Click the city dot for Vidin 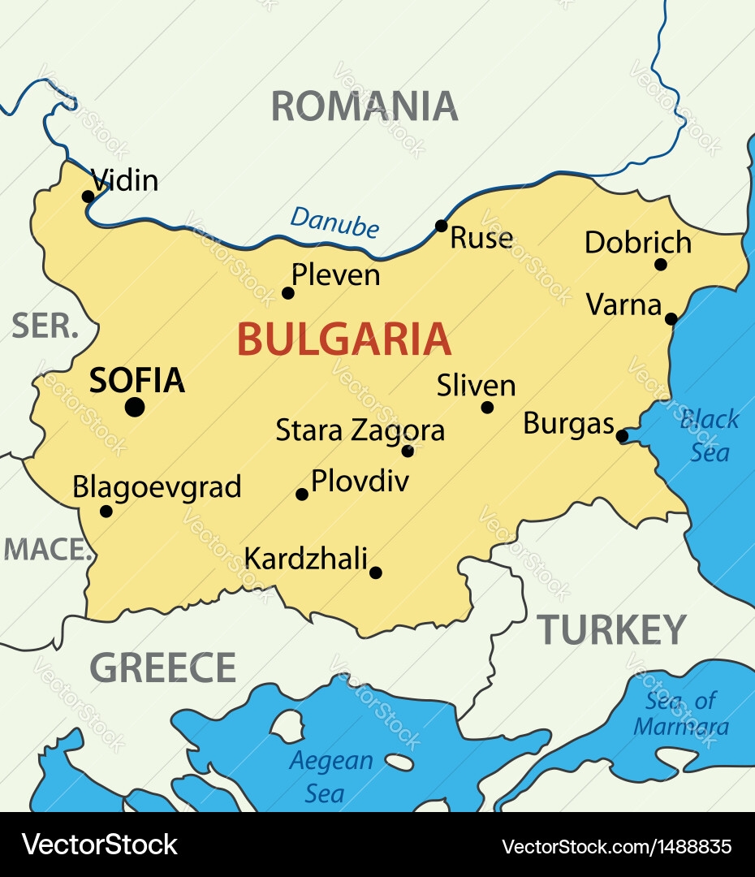tap(88, 197)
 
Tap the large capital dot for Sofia tap(135, 407)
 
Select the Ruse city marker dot tap(441, 226)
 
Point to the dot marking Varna tap(671, 318)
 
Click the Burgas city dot tap(622, 436)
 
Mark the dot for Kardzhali tap(375, 572)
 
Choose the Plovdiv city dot tap(302, 494)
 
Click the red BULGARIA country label tap(343, 339)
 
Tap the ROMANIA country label tap(364, 106)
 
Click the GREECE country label tap(162, 667)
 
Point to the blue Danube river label tap(334, 222)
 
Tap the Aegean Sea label tap(330, 776)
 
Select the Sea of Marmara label tap(681, 713)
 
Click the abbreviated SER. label tap(45, 326)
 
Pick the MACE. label tap(46, 550)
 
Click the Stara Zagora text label tap(360, 430)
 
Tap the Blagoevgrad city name tap(157, 487)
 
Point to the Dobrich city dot tap(661, 264)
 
